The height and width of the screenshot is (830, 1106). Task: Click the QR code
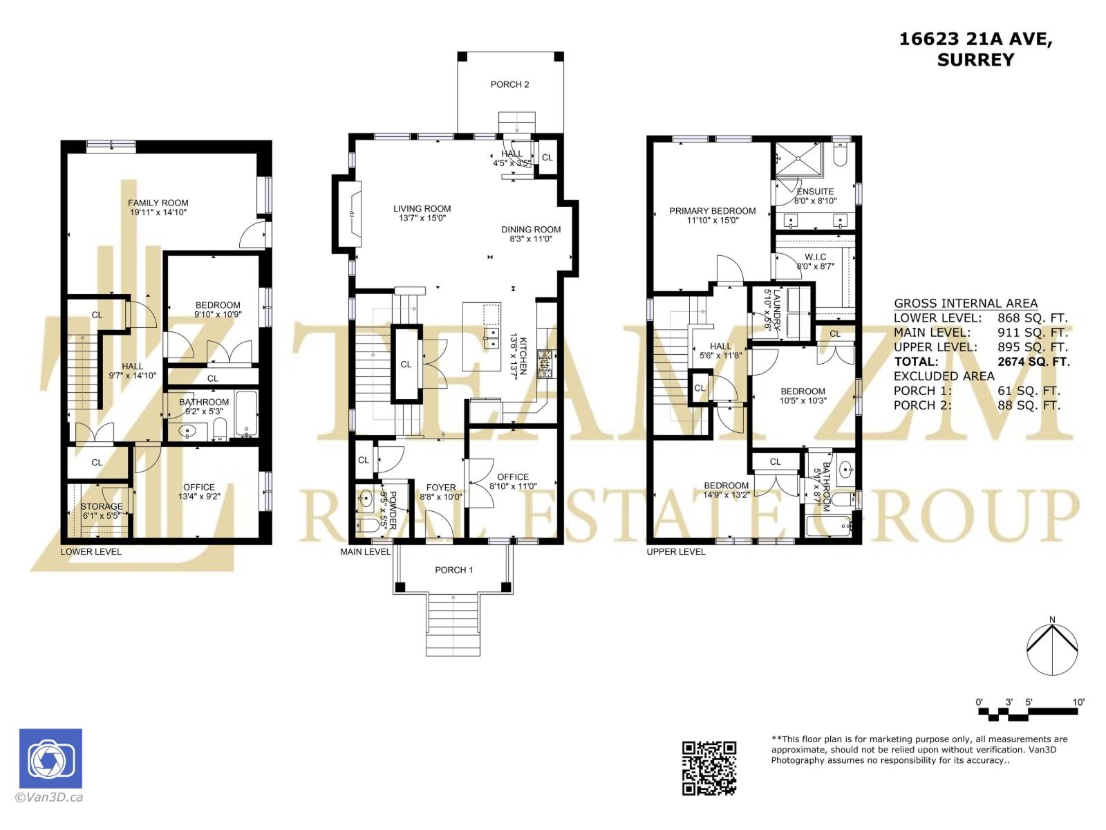[x=709, y=768]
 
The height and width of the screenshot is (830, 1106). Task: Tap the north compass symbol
[x=1052, y=649]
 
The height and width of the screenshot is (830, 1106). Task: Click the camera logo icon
[x=50, y=759]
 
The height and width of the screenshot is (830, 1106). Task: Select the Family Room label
[x=158, y=203]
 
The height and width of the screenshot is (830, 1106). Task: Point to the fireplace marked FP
[x=350, y=214]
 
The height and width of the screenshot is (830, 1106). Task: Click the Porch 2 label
[x=509, y=84]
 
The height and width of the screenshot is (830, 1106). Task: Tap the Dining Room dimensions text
[x=531, y=239]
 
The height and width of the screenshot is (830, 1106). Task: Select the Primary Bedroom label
[x=712, y=211]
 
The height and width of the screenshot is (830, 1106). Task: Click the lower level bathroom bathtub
[x=246, y=413]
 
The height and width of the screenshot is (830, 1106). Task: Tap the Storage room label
[x=101, y=506]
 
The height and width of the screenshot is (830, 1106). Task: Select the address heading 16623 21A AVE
[x=975, y=39]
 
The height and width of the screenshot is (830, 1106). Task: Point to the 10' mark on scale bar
[x=1078, y=702]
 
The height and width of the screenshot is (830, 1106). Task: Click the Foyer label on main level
[x=440, y=487]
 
